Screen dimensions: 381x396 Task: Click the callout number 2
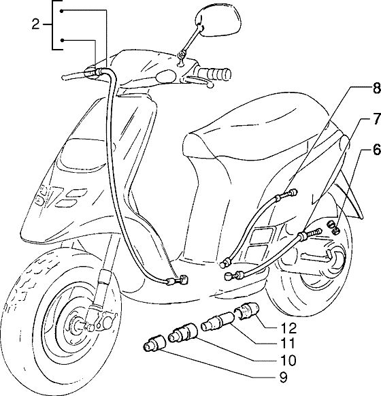(36, 24)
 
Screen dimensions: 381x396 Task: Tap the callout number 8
(376, 88)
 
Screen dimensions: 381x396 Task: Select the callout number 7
(376, 118)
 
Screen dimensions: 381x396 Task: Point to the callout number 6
(376, 150)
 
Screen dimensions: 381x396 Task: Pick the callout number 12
(288, 329)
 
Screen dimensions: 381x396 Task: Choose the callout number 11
(288, 343)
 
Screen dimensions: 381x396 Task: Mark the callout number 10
(288, 361)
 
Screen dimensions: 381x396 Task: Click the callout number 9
(284, 378)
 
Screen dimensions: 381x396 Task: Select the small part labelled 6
(333, 227)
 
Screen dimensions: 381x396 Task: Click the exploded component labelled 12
(247, 312)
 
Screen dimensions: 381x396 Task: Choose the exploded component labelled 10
(183, 333)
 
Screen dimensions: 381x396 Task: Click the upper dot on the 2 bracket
(62, 11)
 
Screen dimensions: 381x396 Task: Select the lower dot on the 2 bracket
(62, 40)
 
